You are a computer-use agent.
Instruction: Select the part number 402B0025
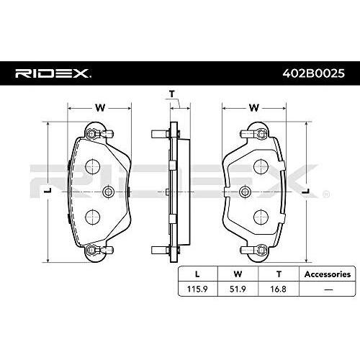tap(313, 73)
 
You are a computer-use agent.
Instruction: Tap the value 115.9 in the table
tap(197, 289)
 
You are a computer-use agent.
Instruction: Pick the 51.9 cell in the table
tap(238, 289)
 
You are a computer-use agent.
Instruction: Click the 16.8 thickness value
tap(278, 289)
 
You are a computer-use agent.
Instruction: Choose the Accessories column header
tap(328, 274)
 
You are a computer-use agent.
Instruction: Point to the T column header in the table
tap(279, 274)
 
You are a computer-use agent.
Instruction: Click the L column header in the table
tap(197, 274)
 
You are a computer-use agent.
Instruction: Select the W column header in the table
tap(238, 274)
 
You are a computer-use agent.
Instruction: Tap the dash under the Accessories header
tap(328, 289)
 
